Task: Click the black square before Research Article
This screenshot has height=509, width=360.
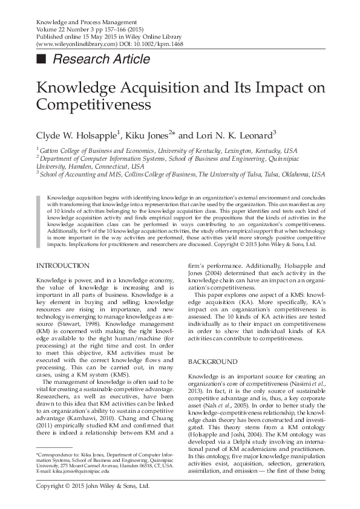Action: [x=41, y=59]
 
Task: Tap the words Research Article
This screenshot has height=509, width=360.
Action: [x=101, y=59]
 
